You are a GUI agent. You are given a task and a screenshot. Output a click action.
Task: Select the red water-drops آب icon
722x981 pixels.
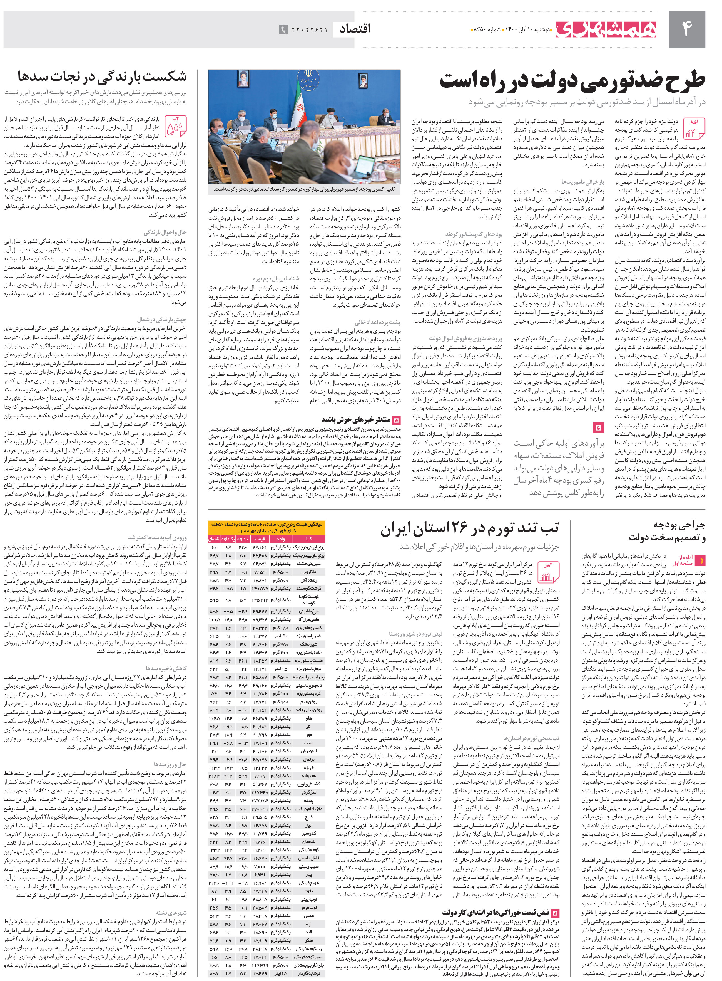point(176,126)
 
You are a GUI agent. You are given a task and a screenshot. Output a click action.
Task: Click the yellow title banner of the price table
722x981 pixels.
point(267,527)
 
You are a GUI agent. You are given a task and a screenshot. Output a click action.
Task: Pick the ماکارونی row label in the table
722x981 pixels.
point(309,572)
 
